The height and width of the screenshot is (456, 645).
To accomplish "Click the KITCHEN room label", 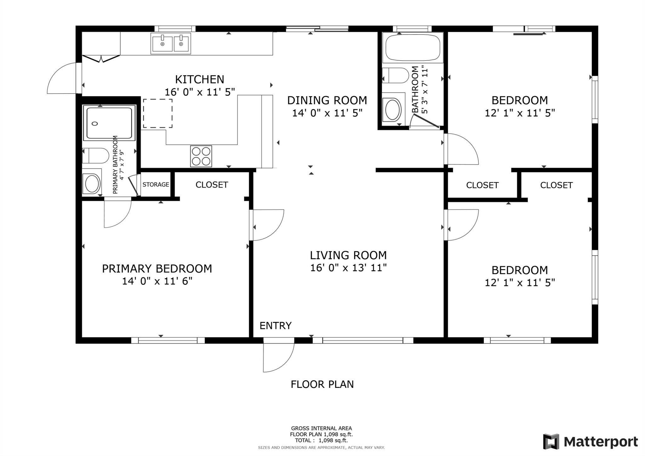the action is (x=200, y=79).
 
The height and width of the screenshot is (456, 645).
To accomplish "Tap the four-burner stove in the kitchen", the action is (x=201, y=156).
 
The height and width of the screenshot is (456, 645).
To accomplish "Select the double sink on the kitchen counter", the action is (x=171, y=43).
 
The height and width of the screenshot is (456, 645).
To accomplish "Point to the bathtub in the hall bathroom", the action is (x=413, y=48).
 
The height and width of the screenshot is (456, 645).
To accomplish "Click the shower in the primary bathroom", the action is (x=109, y=123).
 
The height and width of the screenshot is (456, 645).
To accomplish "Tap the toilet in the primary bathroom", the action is (x=95, y=156).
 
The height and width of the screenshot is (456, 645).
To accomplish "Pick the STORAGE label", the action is (x=156, y=185).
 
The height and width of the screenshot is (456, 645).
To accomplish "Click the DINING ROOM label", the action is (x=327, y=101).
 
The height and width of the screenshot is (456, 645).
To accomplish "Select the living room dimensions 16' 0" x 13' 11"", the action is (x=348, y=268).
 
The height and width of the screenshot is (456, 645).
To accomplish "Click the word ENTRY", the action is (x=276, y=326).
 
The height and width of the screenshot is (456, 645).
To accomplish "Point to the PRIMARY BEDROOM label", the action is (x=157, y=269).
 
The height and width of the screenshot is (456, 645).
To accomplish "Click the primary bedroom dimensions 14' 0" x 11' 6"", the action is (x=157, y=281).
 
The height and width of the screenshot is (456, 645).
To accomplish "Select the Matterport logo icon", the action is (x=551, y=442).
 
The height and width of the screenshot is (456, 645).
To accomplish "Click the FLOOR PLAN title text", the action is (x=322, y=384).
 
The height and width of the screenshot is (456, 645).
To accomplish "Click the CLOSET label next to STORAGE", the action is (x=212, y=185).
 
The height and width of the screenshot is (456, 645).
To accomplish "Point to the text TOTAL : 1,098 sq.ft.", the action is (x=321, y=441).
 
